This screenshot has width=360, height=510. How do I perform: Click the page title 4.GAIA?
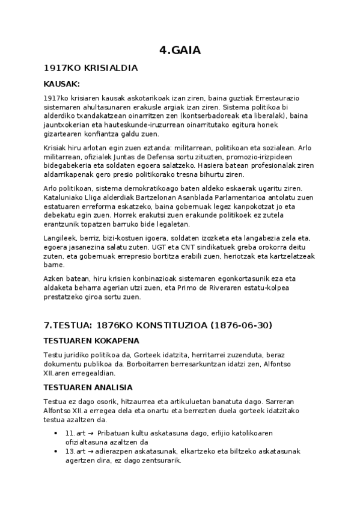[x=180, y=51]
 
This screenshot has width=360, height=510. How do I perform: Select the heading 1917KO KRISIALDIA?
[x=91, y=68]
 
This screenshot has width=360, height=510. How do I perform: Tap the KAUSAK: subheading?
[x=62, y=84]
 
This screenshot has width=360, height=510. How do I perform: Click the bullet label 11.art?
[x=74, y=433]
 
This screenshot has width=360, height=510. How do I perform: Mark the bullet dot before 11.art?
[x=56, y=433]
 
